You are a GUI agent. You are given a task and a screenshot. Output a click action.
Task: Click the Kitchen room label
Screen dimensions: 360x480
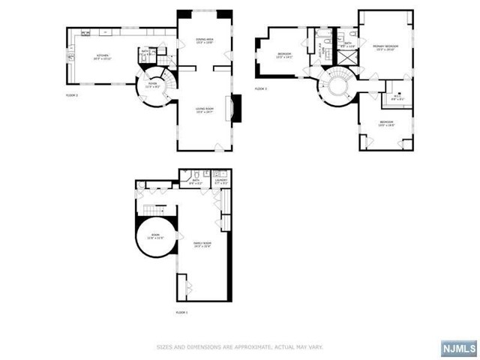tap(102, 56)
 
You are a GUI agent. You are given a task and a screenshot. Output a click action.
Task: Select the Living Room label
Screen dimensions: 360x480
tap(205, 111)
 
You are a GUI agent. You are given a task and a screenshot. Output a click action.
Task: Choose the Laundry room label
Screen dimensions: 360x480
tap(220, 181)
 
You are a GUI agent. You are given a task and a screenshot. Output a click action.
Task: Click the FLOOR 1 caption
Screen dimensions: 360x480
tap(182, 311)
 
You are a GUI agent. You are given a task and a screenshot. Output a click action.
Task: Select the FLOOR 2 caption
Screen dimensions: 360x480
tap(72, 96)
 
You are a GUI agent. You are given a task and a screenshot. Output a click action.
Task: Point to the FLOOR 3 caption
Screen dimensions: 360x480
tap(261, 88)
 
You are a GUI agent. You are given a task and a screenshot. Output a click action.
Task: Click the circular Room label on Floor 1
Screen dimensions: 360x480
tap(155, 235)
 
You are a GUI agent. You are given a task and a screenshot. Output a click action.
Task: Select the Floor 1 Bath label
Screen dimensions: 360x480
tap(195, 181)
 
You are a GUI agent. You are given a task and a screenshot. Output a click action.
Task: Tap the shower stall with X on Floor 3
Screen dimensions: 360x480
tap(346, 57)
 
